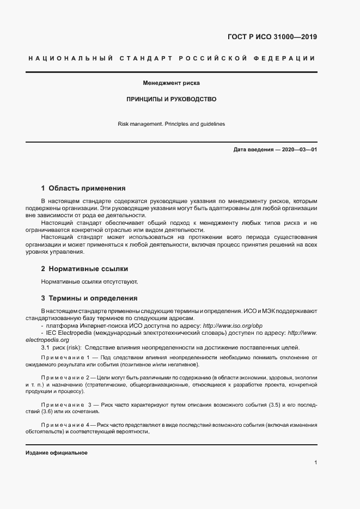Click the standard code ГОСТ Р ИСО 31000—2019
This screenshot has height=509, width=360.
(x=272, y=38)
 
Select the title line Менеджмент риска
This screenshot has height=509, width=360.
(x=172, y=84)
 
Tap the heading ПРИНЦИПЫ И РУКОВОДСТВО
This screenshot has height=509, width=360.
(x=172, y=100)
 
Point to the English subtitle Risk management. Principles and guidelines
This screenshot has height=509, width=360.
(x=171, y=124)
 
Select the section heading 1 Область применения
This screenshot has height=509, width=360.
(x=83, y=188)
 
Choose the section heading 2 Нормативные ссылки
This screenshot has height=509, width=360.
(x=85, y=269)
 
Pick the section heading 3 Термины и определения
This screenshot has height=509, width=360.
(x=89, y=298)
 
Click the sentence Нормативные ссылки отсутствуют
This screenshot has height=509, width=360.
(x=90, y=282)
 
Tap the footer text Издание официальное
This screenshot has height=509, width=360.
(x=56, y=453)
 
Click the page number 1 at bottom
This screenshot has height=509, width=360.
(x=316, y=463)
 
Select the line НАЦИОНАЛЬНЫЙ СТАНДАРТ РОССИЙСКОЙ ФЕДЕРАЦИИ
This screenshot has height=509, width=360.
(x=171, y=58)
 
